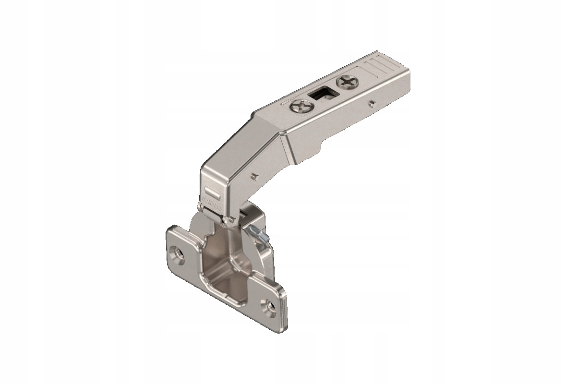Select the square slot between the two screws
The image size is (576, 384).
(x=321, y=93)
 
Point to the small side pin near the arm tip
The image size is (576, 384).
(x=372, y=102)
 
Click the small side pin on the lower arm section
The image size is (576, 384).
(x=252, y=176)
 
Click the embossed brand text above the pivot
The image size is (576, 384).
(x=210, y=197)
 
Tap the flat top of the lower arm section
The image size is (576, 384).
(x=230, y=158)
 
